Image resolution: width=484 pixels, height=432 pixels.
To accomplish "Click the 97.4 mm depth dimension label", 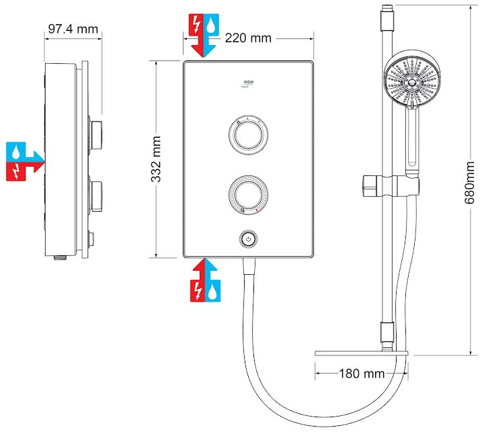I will click(73, 30).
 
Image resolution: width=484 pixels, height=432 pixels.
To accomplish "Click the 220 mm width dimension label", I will click(248, 38).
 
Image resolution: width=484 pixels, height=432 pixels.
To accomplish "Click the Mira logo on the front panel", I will click(248, 83).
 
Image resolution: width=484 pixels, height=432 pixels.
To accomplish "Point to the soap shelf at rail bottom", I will click(362, 353).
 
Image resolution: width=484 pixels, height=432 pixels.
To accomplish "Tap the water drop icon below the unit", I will click(212, 290).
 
